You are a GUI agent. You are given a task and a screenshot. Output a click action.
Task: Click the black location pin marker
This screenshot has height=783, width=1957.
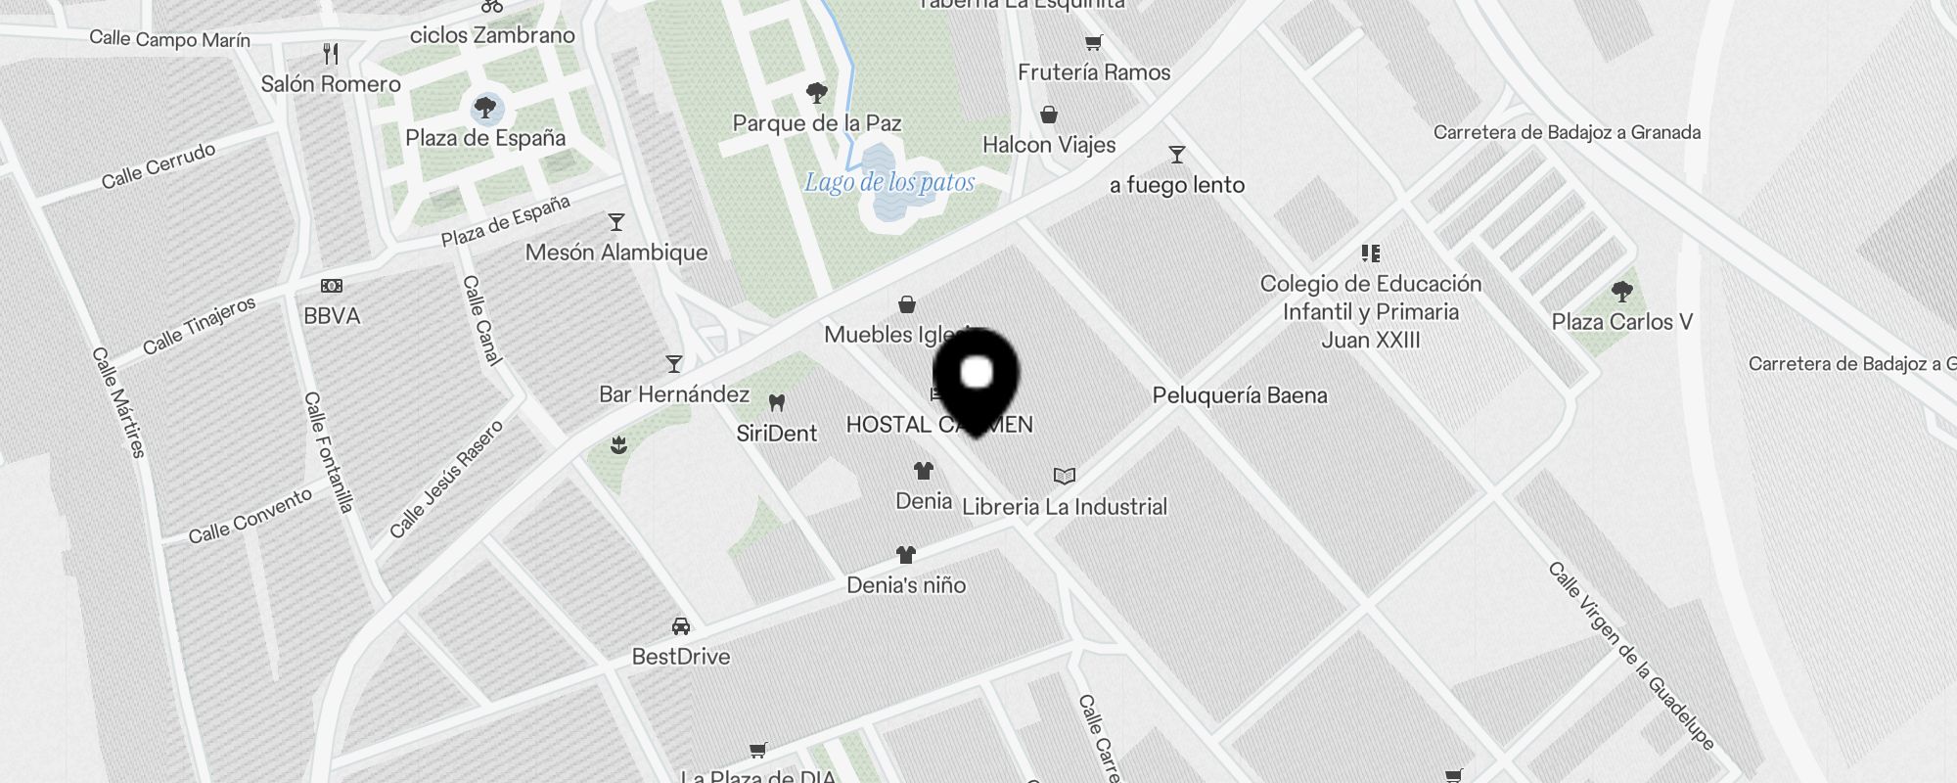(977, 376)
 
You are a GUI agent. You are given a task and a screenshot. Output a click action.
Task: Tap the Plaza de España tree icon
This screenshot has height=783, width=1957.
(484, 107)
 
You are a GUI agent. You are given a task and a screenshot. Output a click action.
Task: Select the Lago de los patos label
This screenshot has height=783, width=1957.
(889, 182)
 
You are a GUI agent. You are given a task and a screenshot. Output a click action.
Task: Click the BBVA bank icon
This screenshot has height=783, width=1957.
(332, 286)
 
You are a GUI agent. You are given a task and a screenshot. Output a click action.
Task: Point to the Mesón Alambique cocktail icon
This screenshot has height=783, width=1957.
(616, 222)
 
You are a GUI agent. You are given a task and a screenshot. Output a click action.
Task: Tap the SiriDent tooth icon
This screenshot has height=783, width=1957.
(777, 402)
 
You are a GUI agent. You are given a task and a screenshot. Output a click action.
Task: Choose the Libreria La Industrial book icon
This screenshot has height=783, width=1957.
(1065, 476)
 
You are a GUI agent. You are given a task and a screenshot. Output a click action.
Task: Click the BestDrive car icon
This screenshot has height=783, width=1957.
(681, 626)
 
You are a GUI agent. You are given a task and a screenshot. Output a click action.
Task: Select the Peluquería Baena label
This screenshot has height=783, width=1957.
(1240, 395)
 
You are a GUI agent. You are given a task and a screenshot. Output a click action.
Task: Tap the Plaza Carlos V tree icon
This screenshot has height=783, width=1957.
(1621, 291)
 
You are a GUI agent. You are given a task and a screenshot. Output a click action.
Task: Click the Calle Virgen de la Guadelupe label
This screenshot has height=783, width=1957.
(1631, 656)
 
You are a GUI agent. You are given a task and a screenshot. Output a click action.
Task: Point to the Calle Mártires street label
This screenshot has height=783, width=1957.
(119, 402)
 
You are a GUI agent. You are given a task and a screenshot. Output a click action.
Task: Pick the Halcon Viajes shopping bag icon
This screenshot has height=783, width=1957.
(1049, 115)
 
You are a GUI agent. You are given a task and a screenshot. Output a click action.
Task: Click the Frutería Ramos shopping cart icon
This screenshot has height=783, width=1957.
(1094, 42)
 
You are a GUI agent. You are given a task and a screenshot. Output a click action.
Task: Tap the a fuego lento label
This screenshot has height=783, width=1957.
(1177, 185)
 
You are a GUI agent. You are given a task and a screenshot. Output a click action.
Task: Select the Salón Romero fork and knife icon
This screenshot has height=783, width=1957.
(331, 54)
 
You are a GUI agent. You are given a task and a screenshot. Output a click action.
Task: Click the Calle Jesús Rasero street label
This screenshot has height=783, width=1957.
(446, 479)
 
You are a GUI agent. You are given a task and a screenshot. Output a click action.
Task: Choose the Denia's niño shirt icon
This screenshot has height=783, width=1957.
(906, 555)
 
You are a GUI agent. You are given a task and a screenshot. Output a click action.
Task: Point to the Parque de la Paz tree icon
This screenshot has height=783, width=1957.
(817, 93)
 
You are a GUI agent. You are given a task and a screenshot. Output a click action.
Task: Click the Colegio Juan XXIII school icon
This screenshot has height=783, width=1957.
(1371, 253)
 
